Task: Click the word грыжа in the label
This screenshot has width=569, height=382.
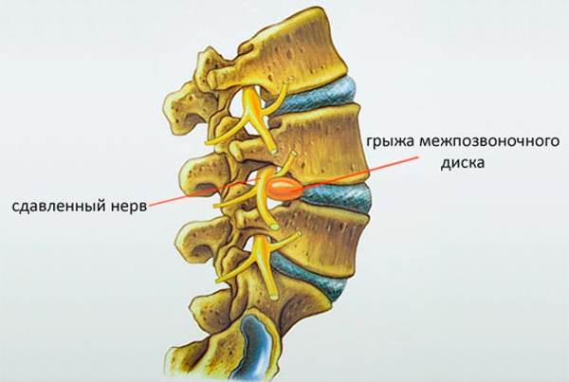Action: [391, 141]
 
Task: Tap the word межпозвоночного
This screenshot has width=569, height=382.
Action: [489, 140]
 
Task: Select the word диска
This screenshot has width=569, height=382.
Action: [463, 163]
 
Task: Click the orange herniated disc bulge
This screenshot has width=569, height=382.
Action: [284, 189]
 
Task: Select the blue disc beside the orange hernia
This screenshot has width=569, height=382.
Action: [336, 199]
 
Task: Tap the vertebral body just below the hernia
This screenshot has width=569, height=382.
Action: [320, 236]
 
